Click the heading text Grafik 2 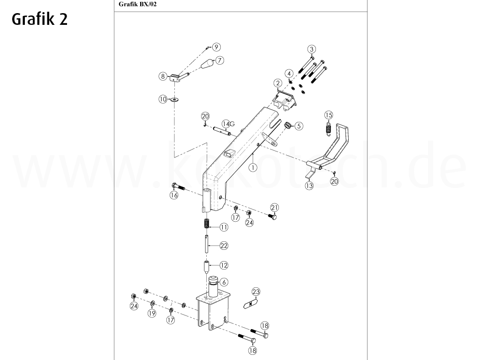pyautogui.click(x=39, y=19)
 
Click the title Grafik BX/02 pyautogui.click(x=135, y=5)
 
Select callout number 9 pyautogui.click(x=216, y=47)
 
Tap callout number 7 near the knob pyautogui.click(x=219, y=60)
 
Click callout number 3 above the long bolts pyautogui.click(x=311, y=50)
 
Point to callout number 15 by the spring pyautogui.click(x=329, y=115)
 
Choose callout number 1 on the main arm pyautogui.click(x=252, y=167)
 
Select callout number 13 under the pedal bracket pyautogui.click(x=309, y=186)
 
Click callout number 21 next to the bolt pyautogui.click(x=275, y=208)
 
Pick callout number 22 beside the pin pyautogui.click(x=224, y=246)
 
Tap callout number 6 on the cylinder pyautogui.click(x=224, y=282)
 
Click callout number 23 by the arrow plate pyautogui.click(x=255, y=292)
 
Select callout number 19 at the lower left pyautogui.click(x=151, y=314)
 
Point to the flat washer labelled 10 pyautogui.click(x=175, y=99)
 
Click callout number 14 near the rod pyautogui.click(x=226, y=124)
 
